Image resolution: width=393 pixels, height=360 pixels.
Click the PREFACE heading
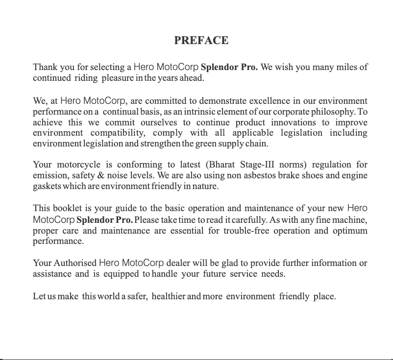tap(201, 40)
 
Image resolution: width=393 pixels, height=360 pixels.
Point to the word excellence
tap(271, 101)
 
